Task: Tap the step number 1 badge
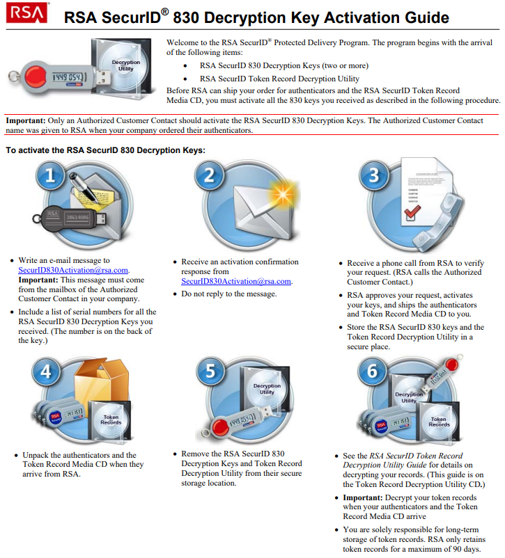[50, 176]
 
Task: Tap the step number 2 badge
[210, 175]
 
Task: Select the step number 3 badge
[374, 175]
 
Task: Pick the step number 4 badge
[46, 371]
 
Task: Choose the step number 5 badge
[210, 372]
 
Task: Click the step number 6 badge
[373, 372]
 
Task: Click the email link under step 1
[73, 270]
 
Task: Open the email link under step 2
[236, 281]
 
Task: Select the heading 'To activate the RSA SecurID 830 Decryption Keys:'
[105, 150]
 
